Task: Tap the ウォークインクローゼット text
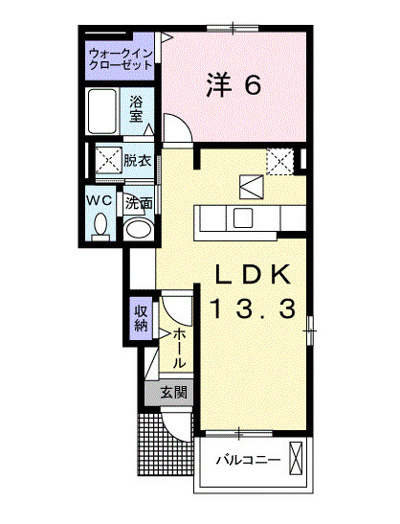point(120,57)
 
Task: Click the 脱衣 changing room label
point(137,161)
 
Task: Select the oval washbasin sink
point(139,229)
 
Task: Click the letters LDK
point(250,273)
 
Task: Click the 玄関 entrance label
point(173,392)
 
